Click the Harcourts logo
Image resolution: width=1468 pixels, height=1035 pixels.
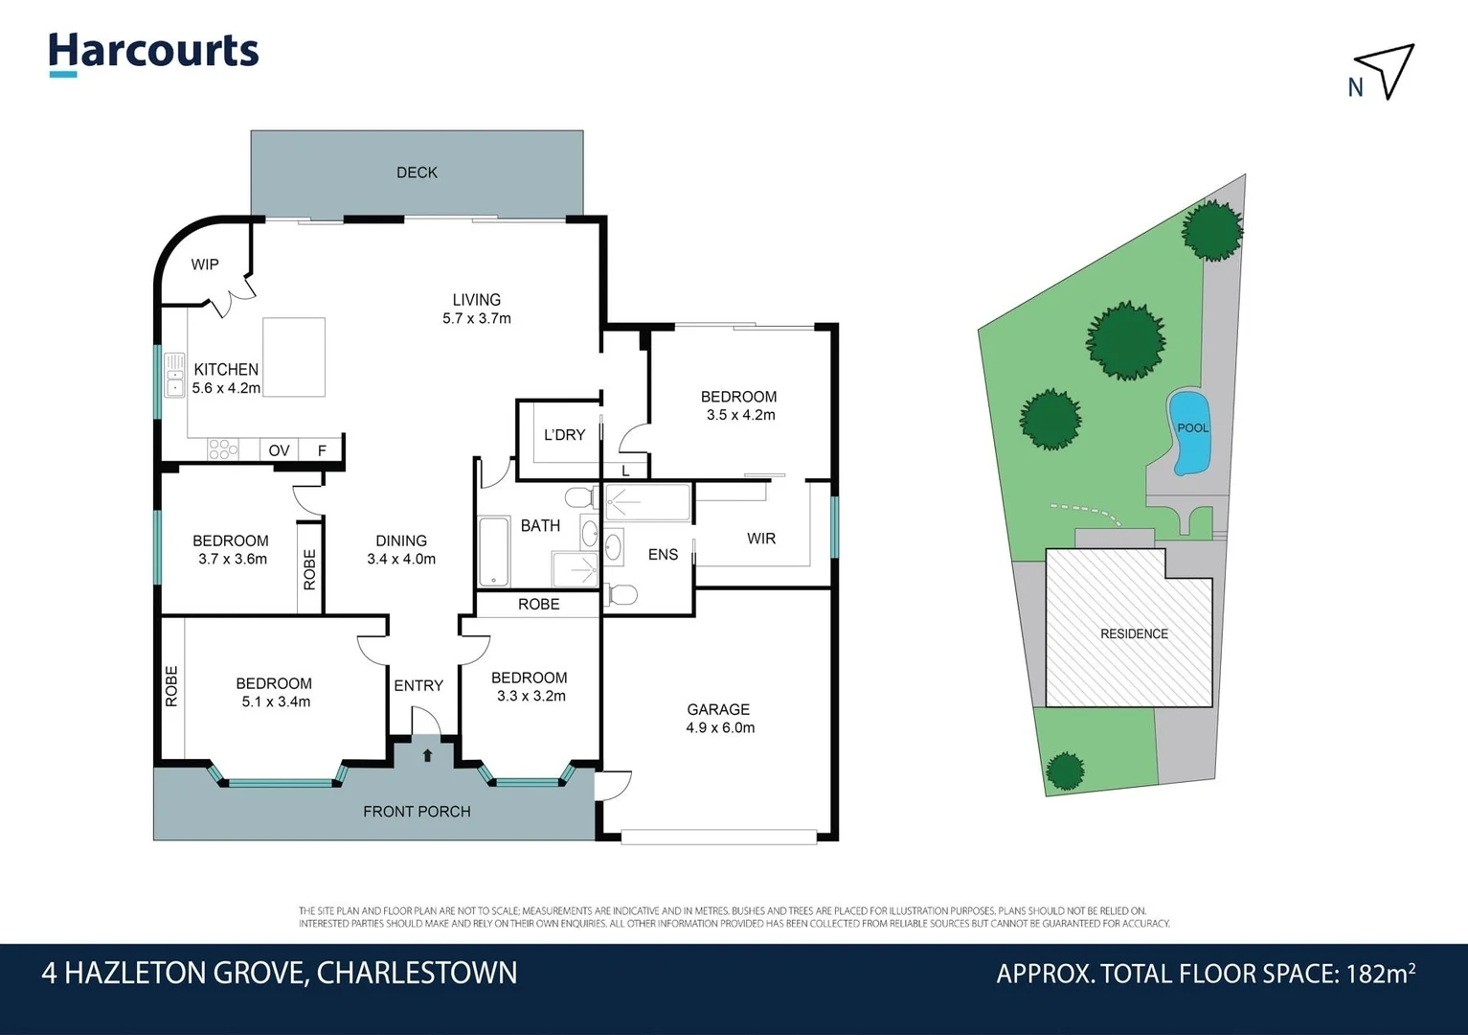[x=153, y=52]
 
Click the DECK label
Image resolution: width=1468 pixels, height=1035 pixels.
[x=417, y=172]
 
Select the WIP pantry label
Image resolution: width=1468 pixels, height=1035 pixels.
[x=205, y=264]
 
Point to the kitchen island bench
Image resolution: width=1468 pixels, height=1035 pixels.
[x=293, y=357]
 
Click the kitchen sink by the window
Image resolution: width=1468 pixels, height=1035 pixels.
[x=174, y=375]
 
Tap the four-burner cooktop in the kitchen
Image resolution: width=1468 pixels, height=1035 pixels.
[x=222, y=448]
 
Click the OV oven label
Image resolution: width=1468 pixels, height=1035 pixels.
[x=279, y=450]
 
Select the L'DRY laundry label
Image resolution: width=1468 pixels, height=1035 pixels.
[x=564, y=435]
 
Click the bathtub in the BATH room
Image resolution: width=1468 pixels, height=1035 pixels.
[x=493, y=552]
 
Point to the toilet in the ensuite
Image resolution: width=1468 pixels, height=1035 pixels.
[x=621, y=595]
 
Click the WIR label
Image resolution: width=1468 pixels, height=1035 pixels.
[x=761, y=539]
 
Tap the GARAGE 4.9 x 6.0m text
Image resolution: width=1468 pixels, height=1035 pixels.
[x=719, y=719]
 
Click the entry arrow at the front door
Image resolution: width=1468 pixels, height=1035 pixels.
[x=427, y=755]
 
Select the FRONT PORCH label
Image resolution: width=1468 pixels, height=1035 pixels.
[x=417, y=812]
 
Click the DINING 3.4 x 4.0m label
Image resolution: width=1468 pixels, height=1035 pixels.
[x=401, y=550]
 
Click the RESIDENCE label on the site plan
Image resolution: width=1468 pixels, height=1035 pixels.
[x=1134, y=633]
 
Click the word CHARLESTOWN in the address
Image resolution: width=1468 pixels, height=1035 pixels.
[x=417, y=973]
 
